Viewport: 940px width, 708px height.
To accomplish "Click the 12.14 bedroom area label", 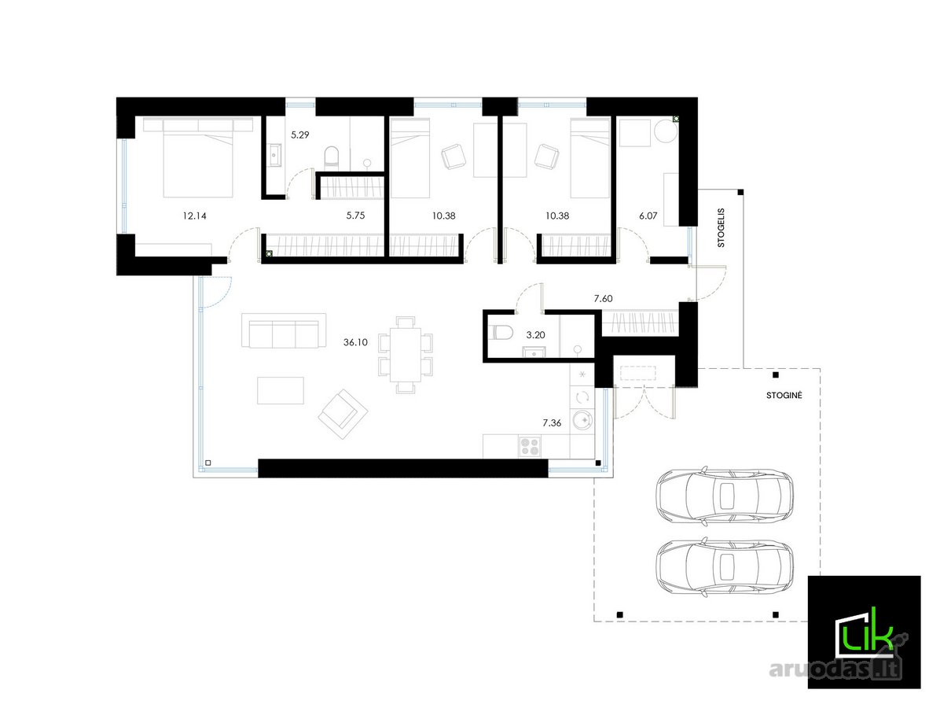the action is [194, 216].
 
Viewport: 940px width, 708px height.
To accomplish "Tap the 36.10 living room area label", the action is [355, 343].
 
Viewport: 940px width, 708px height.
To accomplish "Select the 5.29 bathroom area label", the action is [299, 135].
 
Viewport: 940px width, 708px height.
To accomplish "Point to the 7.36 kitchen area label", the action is [552, 423].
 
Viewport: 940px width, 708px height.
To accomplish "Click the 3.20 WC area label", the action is [535, 335].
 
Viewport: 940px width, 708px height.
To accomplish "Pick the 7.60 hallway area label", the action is [603, 298].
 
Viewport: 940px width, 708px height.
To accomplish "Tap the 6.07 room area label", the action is [648, 216].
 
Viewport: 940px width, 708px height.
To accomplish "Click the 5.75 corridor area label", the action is [355, 216].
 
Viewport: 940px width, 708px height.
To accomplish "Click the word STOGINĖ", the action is [784, 396].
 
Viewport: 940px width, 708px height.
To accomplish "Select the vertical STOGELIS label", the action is [722, 228].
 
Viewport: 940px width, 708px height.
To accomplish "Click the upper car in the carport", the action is [725, 496].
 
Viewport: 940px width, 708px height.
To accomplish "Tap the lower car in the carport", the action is [725, 567].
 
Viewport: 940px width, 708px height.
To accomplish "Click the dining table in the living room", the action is [406, 355].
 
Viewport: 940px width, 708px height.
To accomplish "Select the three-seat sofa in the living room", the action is [284, 330].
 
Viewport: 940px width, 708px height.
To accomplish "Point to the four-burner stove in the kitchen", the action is [530, 446].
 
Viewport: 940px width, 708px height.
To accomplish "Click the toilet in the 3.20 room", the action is [500, 332].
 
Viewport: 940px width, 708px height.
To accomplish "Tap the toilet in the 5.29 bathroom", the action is [332, 157].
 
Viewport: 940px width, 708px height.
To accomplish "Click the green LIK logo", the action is [864, 632].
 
